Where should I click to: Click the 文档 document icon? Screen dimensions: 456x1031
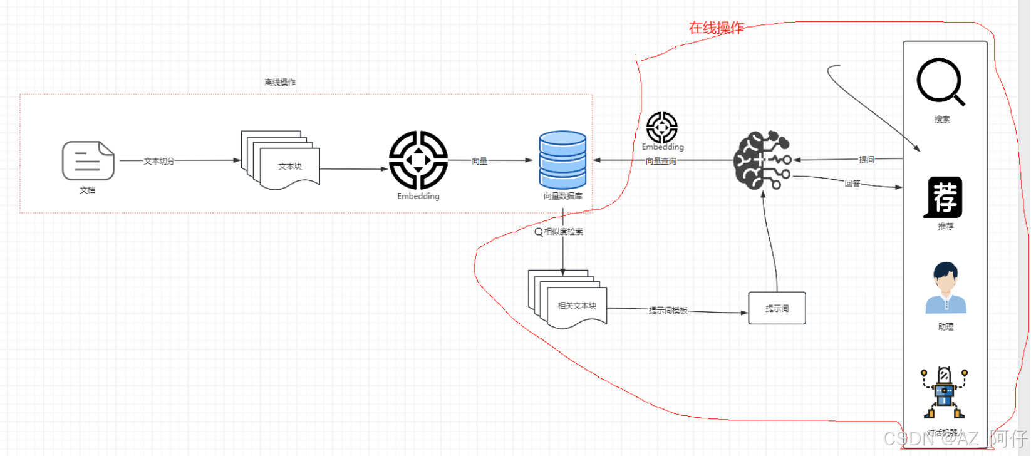pos(88,160)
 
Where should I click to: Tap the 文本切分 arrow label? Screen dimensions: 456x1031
pos(159,161)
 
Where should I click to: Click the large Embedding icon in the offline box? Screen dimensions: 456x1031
pos(418,160)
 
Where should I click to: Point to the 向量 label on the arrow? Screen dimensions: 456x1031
pos(479,161)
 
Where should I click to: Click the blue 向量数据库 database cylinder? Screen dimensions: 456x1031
pos(562,160)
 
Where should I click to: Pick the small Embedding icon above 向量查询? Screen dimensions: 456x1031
pos(662,127)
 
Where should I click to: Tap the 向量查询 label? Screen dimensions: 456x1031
pos(661,161)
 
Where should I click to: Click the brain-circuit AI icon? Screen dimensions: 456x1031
pos(762,160)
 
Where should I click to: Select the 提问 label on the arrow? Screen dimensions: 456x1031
pos(866,160)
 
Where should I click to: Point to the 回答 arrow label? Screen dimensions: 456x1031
pos(852,184)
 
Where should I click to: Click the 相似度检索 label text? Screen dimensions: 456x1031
pos(563,232)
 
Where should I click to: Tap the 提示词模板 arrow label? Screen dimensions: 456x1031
pos(668,311)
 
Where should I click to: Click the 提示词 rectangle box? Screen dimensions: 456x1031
pos(777,308)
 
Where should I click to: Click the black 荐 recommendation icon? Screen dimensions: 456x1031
pos(944,197)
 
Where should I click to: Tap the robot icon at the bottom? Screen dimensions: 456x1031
pos(944,392)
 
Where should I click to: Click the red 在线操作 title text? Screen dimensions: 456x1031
pos(716,28)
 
